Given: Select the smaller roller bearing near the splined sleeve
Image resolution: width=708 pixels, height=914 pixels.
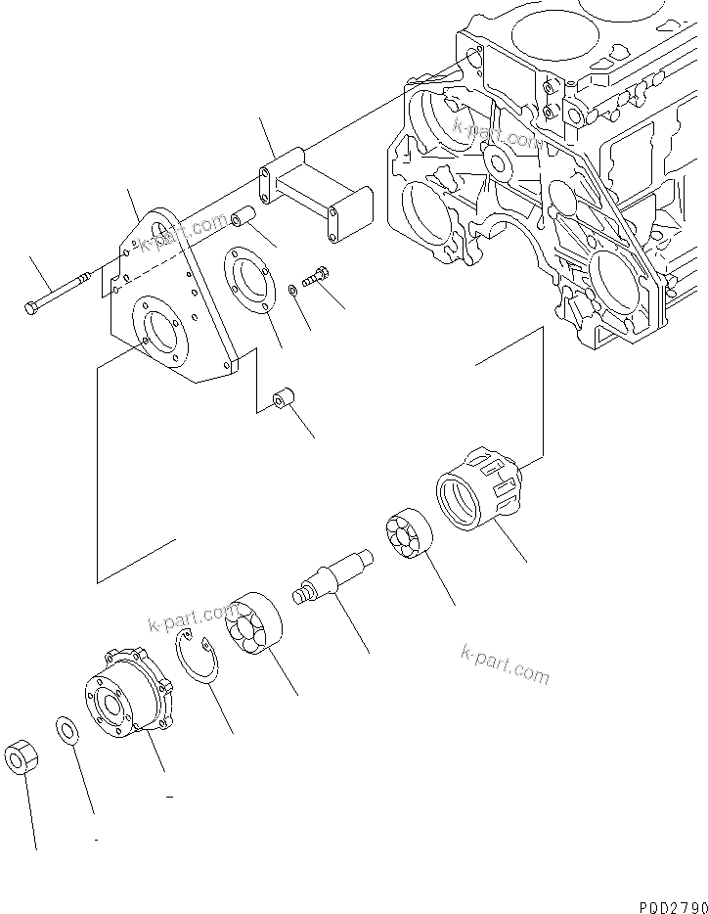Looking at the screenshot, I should coord(404,534).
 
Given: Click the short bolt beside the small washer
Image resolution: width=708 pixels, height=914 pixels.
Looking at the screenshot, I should coord(316,276).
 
